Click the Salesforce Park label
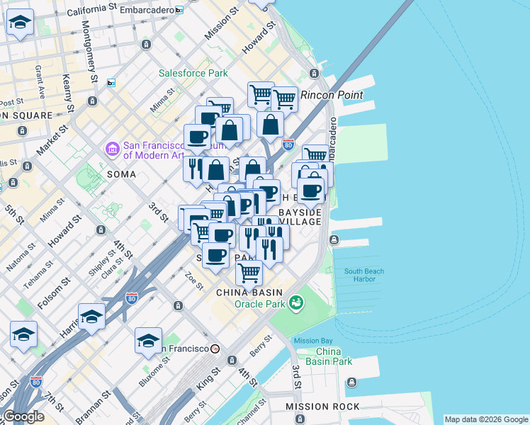pyautogui.click(x=193, y=73)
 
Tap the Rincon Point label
pyautogui.click(x=332, y=95)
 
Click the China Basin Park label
pyautogui.click(x=334, y=356)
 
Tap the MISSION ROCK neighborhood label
pyautogui.click(x=322, y=407)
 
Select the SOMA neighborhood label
pyautogui.click(x=120, y=174)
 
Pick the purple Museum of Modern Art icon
pyautogui.click(x=113, y=149)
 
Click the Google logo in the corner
pyautogui.click(x=23, y=416)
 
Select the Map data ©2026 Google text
pyautogui.click(x=485, y=419)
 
